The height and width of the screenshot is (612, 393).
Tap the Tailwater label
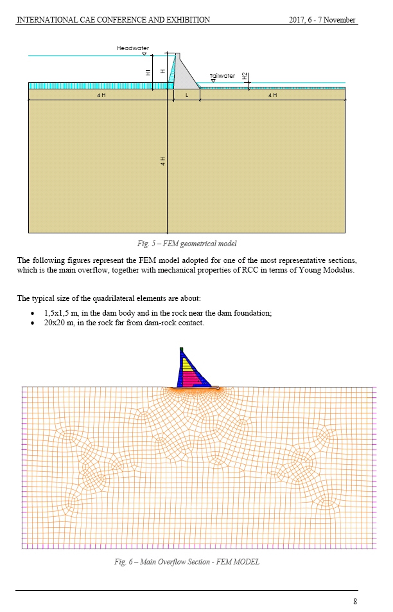tap(222, 75)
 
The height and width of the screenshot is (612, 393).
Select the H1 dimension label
tap(148, 72)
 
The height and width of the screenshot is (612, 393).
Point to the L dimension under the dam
tap(187, 95)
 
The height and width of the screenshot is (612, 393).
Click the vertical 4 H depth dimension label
tap(163, 161)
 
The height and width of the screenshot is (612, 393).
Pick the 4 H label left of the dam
tap(101, 95)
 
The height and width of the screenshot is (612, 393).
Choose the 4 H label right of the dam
tap(272, 95)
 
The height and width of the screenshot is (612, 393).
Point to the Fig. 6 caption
tap(187, 562)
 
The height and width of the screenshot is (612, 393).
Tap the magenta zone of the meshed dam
tap(189, 377)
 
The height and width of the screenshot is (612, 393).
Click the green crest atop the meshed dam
tap(182, 349)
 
